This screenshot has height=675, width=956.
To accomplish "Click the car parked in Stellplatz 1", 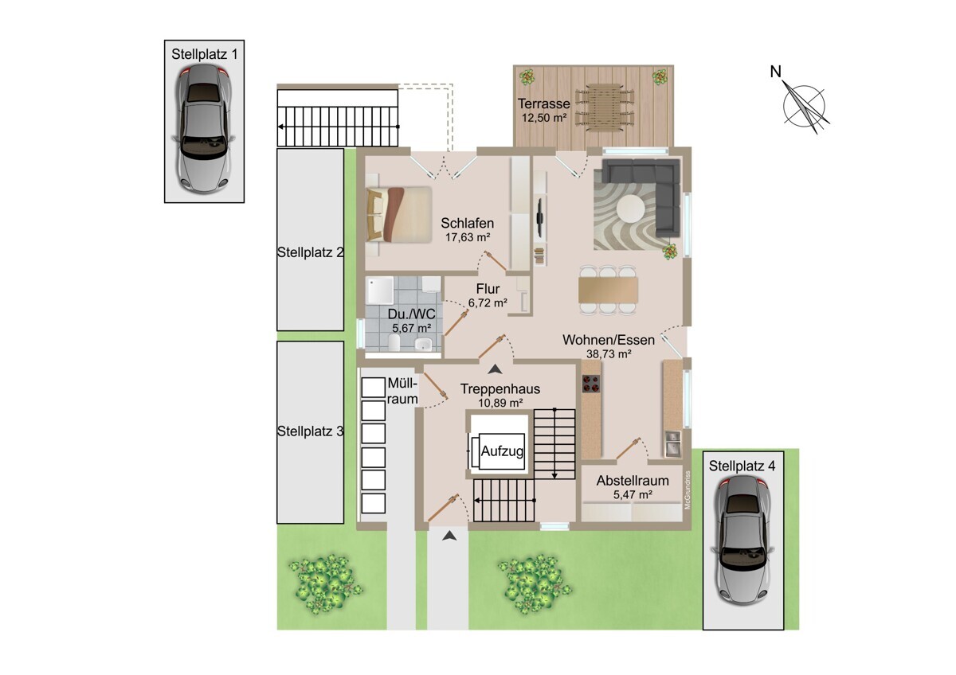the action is pos(204,129).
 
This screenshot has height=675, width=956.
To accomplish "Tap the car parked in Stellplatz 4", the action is pos(743,540).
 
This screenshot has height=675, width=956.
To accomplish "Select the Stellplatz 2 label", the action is pos(310,252).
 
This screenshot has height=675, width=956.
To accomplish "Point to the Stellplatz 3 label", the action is pos(310,431).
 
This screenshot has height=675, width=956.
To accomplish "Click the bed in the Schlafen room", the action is pos(399,215).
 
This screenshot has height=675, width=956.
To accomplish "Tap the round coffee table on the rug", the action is pos(630,209).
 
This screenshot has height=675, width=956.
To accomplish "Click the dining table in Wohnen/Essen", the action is pos(609,290).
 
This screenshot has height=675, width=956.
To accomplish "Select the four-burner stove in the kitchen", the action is pos(591,383).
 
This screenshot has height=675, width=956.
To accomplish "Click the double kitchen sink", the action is pos(673,443).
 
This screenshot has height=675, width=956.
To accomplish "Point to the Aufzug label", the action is pos(503,451).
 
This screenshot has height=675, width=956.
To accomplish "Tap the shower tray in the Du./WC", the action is pos(380,291).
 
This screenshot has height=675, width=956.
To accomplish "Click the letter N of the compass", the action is pos(775,72).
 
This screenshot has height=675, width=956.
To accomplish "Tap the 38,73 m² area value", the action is pos(609,353).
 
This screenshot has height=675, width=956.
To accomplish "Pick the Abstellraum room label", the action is pos(633,481).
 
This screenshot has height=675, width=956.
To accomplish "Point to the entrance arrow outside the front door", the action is pos(449,536).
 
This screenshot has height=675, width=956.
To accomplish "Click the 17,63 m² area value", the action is pos(468,237).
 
